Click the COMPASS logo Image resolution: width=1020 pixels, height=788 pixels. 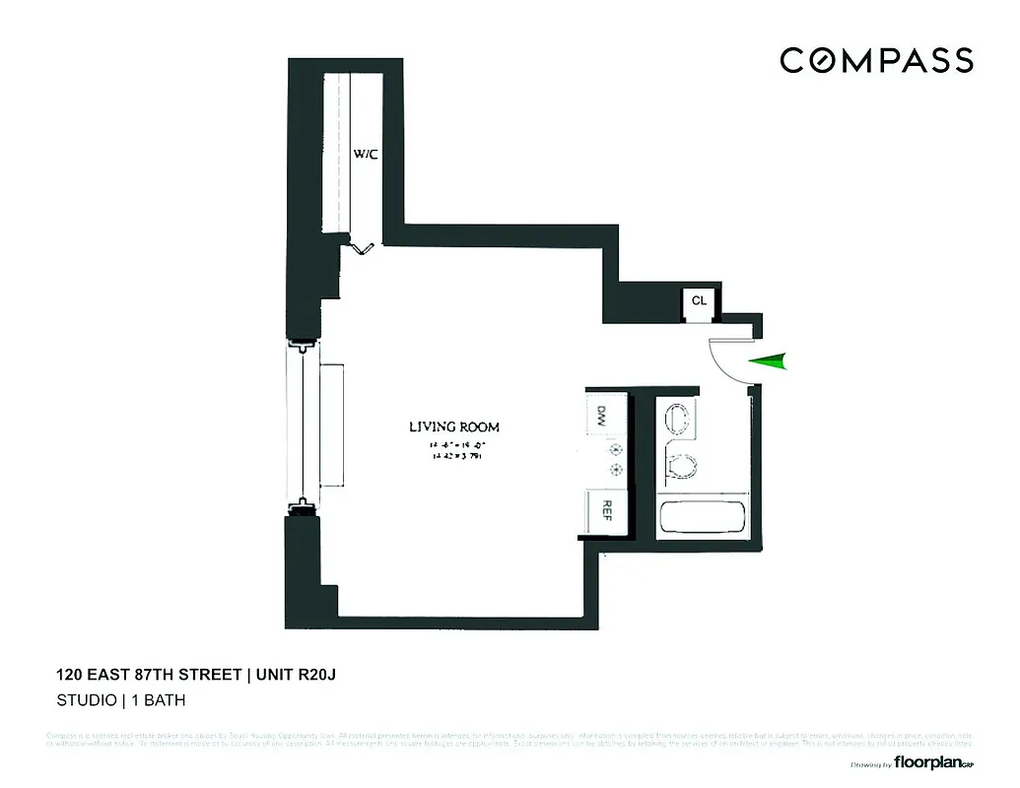(876, 60)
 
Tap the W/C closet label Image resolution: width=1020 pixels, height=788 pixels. (366, 154)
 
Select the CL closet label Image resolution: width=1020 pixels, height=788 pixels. (699, 299)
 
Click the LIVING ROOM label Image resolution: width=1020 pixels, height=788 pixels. (453, 427)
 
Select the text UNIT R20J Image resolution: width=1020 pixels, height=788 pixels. (302, 675)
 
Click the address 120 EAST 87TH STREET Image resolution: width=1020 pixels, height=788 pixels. (148, 675)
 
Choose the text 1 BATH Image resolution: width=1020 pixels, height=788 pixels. (154, 701)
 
